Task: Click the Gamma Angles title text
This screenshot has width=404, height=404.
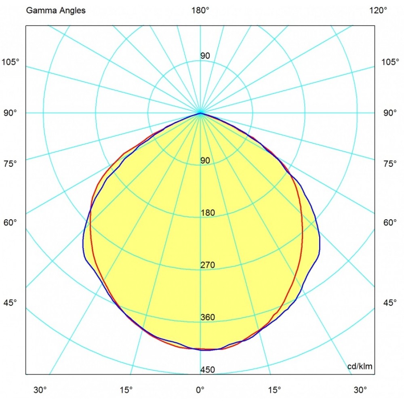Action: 56,11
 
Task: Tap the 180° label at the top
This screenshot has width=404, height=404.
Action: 200,11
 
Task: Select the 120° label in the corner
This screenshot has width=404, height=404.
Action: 378,11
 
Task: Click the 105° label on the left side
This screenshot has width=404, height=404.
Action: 11,62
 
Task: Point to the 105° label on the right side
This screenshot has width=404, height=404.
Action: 390,62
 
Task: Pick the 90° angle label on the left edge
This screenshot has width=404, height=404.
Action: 10,113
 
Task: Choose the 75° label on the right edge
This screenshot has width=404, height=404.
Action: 390,164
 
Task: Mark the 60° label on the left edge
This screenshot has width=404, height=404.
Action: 10,222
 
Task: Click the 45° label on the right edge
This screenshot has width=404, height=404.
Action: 390,303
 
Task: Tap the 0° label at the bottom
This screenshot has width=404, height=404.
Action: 200,390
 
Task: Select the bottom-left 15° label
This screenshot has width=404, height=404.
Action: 126,390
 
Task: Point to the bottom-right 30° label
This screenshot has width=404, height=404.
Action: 360,390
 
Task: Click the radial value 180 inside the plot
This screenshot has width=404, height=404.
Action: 208,213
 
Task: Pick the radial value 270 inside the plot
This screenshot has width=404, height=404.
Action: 208,265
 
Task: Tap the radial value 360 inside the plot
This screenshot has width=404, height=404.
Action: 208,317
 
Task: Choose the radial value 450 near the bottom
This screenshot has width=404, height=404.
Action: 208,370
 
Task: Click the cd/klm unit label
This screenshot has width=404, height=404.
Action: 360,366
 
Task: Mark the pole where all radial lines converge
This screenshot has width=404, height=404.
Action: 200,113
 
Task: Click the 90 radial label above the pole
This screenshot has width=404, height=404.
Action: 205,56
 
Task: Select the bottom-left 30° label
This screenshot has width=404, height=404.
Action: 40,390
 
